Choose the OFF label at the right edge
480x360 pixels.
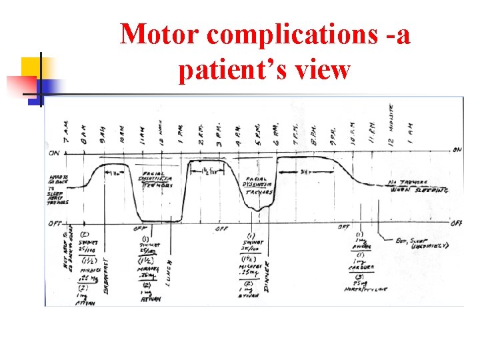[457, 223]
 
